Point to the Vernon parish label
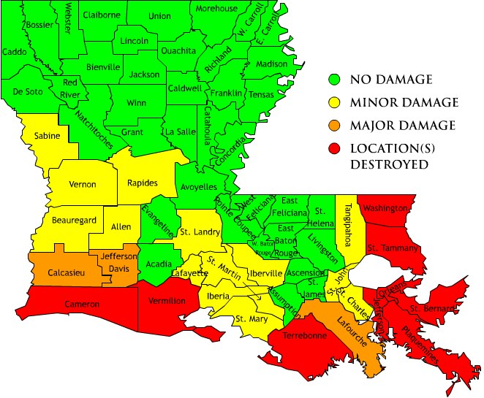tap(83, 184)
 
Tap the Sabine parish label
tap(48, 135)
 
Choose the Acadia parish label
tap(159, 262)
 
